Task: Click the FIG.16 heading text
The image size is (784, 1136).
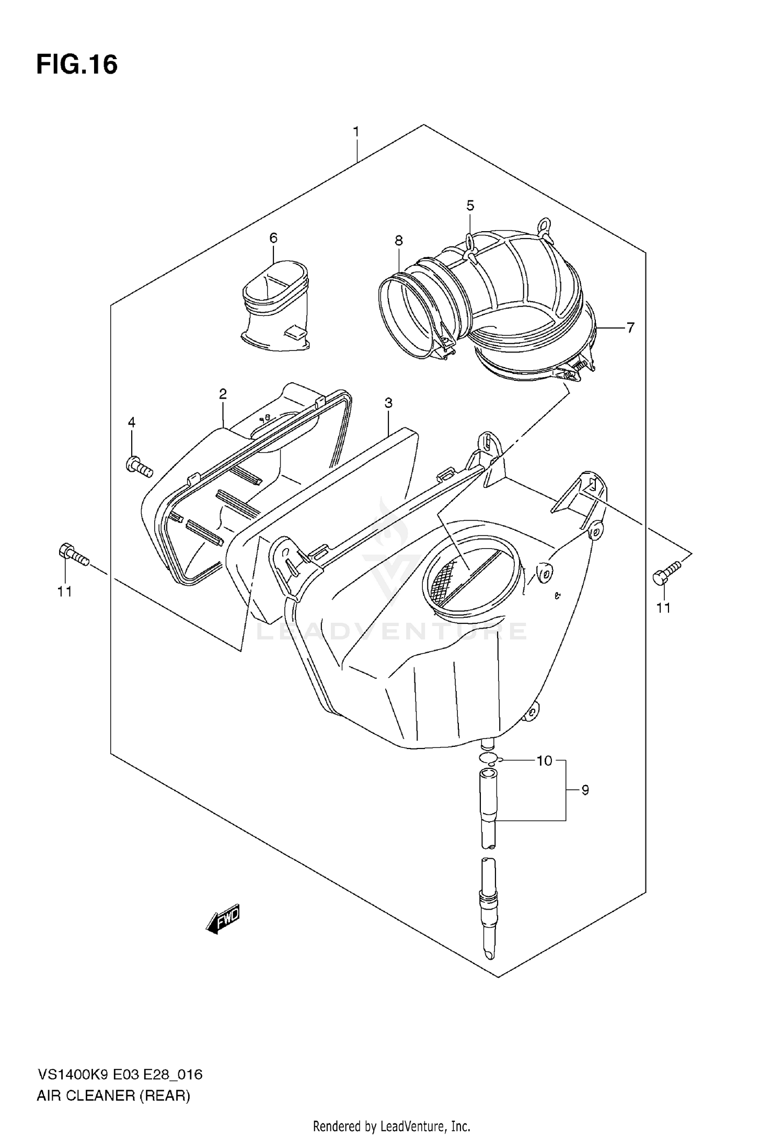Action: [77, 65]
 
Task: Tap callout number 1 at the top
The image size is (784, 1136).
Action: [356, 132]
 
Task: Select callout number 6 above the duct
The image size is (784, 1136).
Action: [273, 238]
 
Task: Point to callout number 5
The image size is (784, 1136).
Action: [470, 206]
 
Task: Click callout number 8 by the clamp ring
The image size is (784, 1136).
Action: [399, 241]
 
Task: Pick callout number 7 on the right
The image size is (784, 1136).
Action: [630, 328]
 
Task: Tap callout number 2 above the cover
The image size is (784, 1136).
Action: [223, 394]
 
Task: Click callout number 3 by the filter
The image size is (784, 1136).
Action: [388, 403]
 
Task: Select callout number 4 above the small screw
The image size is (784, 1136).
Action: [132, 422]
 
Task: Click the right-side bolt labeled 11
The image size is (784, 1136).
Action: [666, 572]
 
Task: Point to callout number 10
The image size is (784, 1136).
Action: [544, 760]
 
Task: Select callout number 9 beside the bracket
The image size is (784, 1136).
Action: [585, 790]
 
